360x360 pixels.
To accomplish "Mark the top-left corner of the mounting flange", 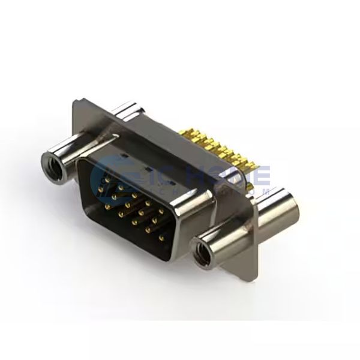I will [74, 101].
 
